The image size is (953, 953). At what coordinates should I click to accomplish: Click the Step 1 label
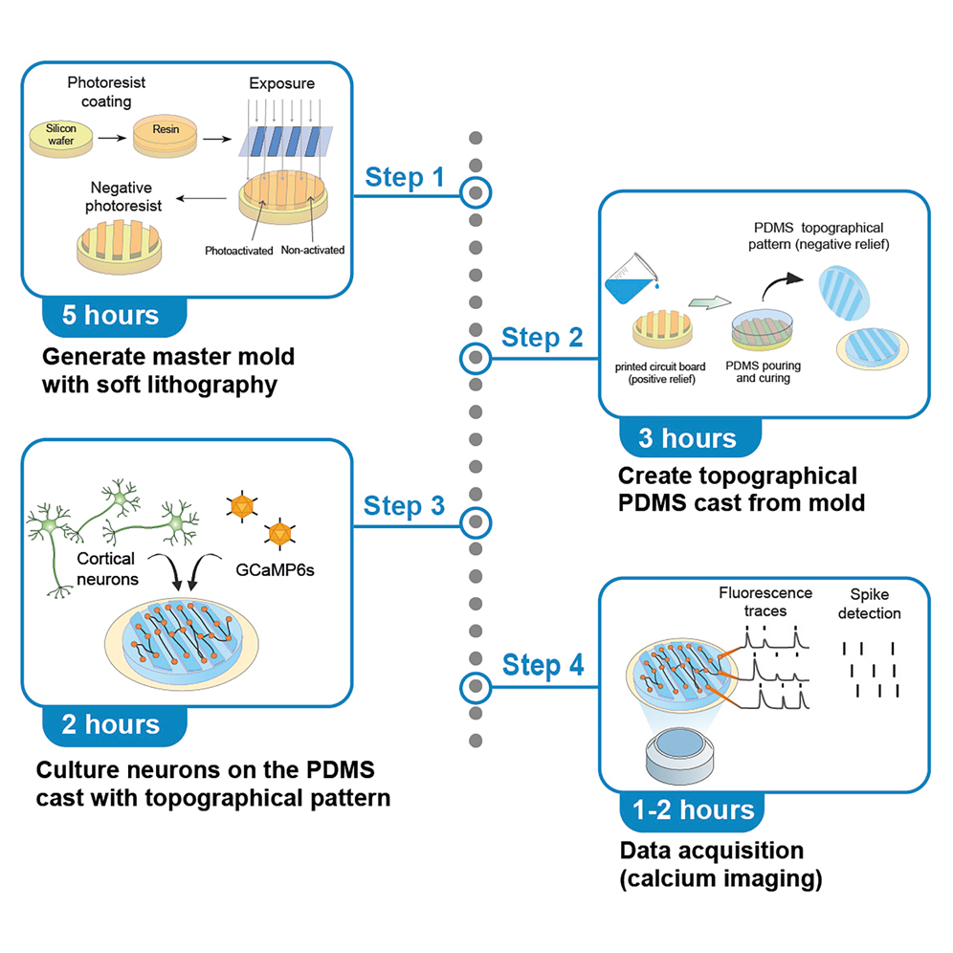405,177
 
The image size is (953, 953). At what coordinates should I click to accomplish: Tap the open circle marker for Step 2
476,359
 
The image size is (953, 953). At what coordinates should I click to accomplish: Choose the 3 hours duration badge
688,439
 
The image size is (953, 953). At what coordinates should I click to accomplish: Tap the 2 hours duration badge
113,725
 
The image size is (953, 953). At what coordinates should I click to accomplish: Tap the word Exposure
281,83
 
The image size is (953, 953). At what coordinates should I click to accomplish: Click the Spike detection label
869,604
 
